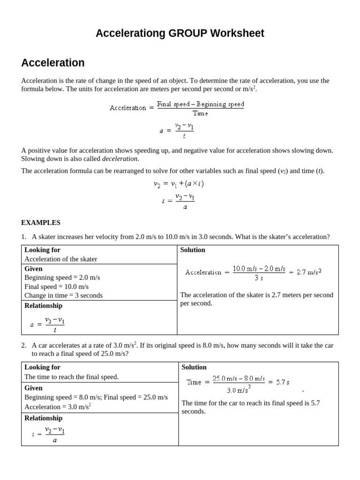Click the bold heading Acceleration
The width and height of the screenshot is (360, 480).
pos(53,63)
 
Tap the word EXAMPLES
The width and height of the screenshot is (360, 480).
pos(41,223)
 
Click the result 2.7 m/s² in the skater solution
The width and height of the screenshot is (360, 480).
pos(309,272)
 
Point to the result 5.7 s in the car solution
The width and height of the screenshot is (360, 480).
pos(282,382)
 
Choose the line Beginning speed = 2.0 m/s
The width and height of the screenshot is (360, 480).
pos(62,277)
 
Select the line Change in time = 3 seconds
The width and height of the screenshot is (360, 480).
pos(63,295)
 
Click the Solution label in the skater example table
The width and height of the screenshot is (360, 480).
pos(193,250)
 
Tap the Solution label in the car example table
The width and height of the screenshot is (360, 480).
pos(194,367)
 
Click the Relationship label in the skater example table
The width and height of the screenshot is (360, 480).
pos(43,306)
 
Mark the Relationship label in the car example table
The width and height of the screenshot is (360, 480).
pos(43,418)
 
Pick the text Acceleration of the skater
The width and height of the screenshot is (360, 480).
pos(61,259)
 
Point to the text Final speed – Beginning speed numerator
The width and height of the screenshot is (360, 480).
pos(200,104)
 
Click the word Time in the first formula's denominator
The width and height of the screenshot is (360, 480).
pos(200,113)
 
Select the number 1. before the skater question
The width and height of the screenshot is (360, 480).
pos(24,237)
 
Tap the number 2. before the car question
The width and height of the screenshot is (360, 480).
pos(24,345)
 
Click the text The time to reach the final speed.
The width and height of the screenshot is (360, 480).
pos(72,376)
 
